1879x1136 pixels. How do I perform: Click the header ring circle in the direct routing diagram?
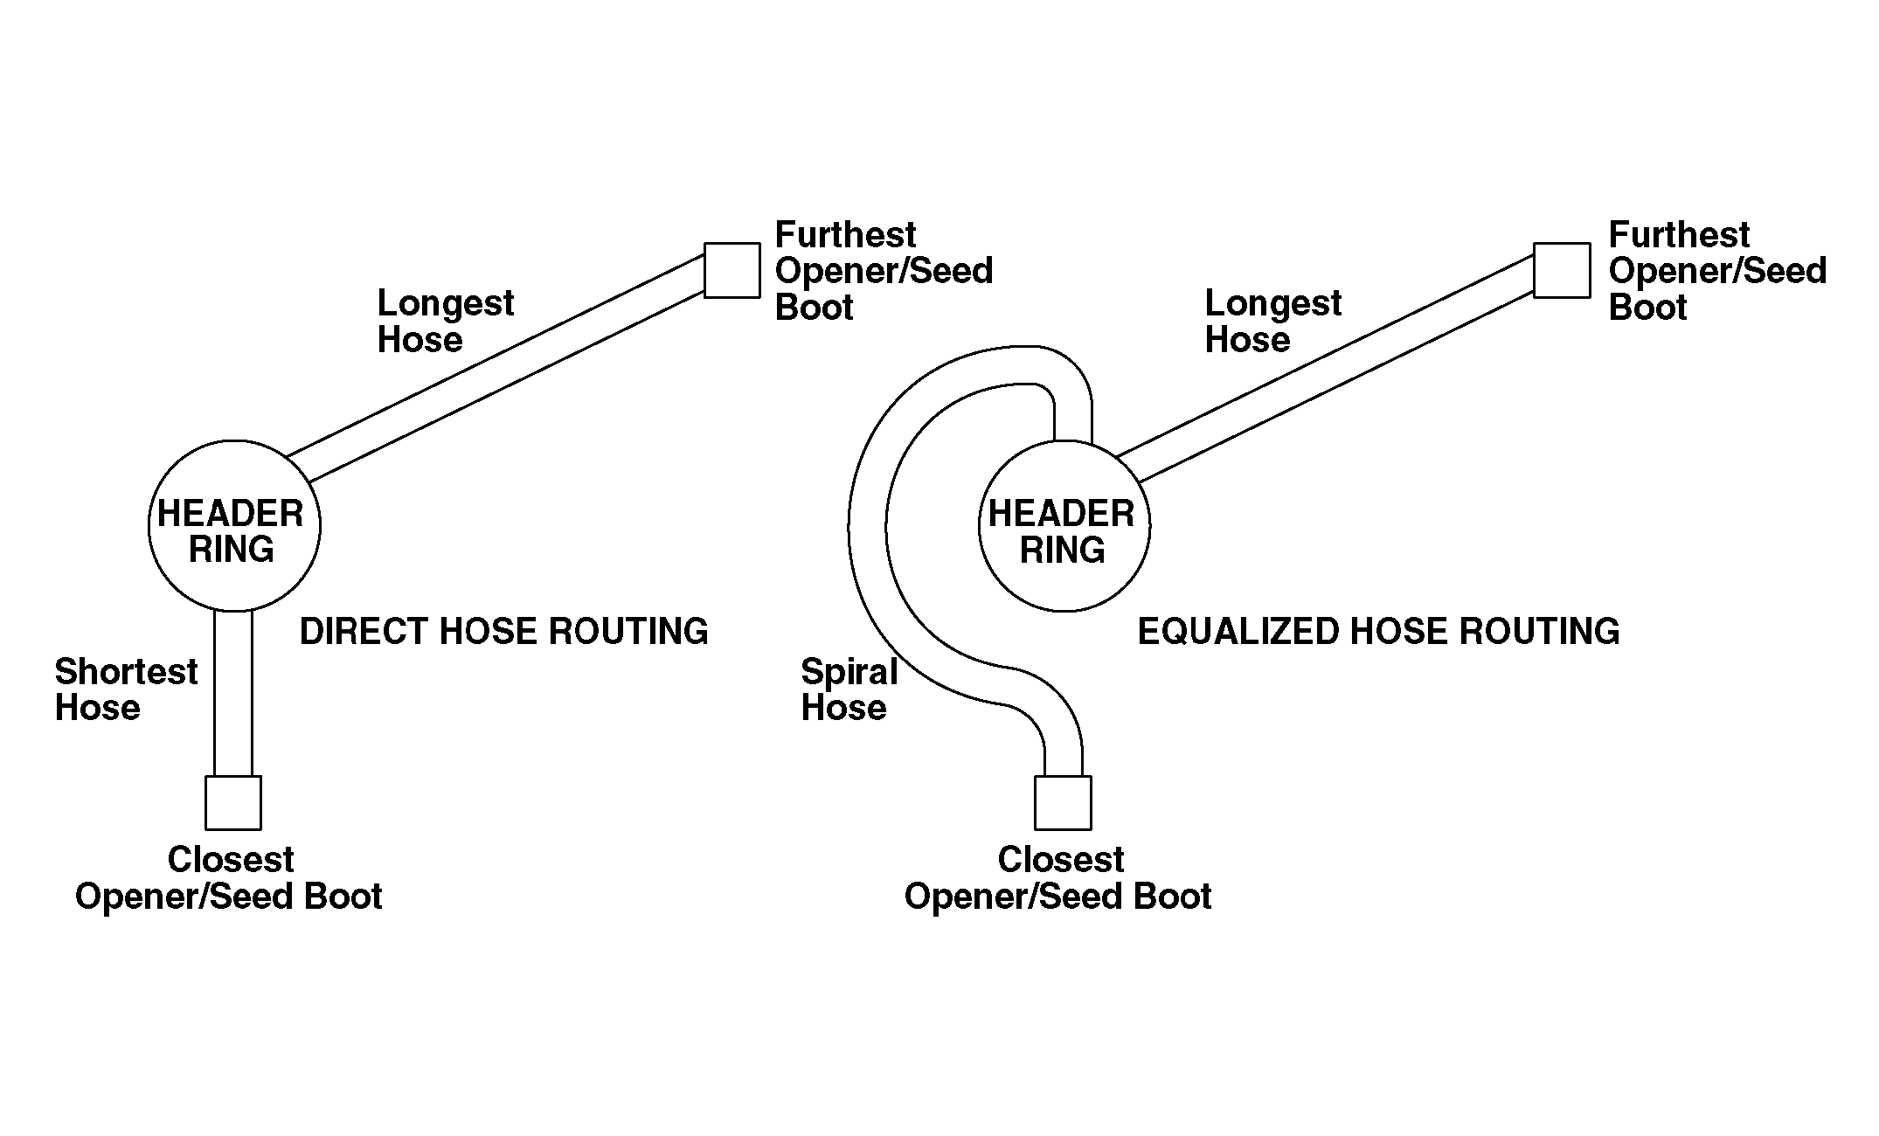click(x=234, y=526)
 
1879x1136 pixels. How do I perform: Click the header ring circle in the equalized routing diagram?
click(x=1064, y=526)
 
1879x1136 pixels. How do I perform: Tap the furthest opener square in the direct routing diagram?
click(x=732, y=270)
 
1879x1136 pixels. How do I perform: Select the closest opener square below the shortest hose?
click(x=233, y=802)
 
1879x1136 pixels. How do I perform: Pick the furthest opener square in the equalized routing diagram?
click(x=1562, y=270)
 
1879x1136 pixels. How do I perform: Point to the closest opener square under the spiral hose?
click(x=1063, y=802)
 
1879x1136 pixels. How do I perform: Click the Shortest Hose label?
click(x=126, y=689)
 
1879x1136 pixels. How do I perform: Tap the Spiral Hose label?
click(x=849, y=689)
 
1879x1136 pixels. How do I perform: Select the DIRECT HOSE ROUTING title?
click(x=503, y=631)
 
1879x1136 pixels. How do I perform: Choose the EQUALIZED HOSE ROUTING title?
click(x=1378, y=631)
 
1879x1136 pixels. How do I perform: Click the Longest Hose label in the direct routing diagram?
click(x=445, y=321)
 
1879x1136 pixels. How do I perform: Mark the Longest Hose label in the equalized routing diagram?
click(x=1272, y=321)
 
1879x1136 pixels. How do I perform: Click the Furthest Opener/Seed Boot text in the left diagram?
click(x=884, y=271)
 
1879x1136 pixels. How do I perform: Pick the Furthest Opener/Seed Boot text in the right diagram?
click(x=1717, y=271)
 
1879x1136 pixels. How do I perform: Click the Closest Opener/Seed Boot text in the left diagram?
click(x=229, y=878)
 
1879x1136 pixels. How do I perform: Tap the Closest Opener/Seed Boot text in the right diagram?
click(x=1058, y=878)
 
